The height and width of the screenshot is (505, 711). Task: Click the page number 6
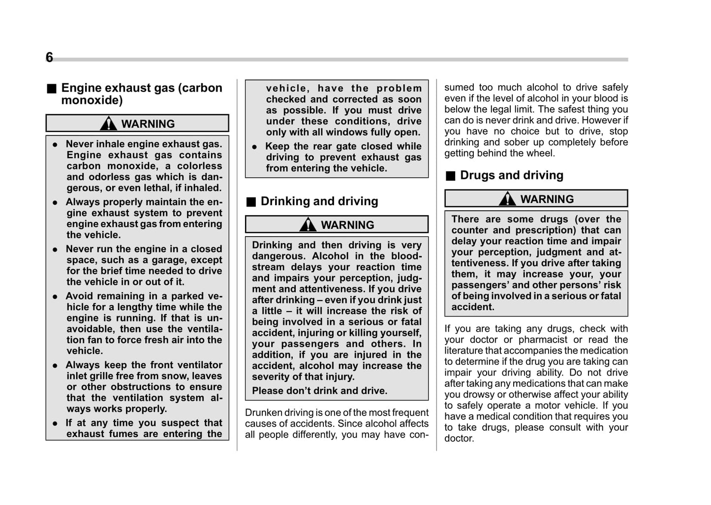49,58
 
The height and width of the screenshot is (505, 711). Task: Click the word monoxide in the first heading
92,100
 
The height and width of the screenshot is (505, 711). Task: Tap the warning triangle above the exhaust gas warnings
108,124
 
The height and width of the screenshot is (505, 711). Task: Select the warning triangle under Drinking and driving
308,224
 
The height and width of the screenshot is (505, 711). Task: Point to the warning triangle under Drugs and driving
507,199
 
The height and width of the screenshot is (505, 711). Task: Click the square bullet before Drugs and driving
450,176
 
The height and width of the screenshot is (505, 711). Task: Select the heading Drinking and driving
319,201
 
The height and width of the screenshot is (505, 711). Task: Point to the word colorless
199,166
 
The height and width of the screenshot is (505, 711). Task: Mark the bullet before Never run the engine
56,250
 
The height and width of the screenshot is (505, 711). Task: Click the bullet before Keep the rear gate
254,147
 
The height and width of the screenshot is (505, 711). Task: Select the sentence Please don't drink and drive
319,391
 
